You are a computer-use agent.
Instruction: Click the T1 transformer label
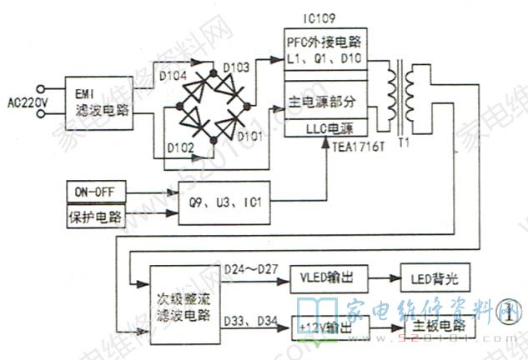click(405, 142)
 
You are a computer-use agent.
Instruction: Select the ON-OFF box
click(94, 192)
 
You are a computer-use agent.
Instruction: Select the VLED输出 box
click(327, 277)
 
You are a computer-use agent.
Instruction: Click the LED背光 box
click(436, 277)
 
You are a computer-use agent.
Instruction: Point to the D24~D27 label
click(252, 268)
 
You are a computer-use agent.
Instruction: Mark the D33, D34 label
click(252, 320)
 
